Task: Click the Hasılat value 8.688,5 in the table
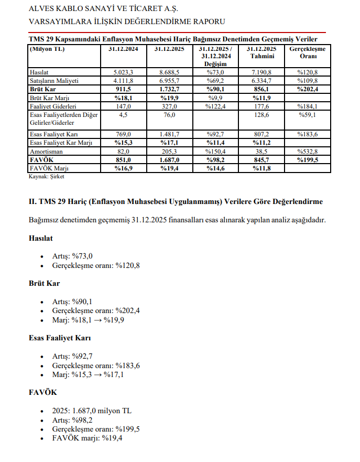[169, 72]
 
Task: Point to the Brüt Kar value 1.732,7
[169, 89]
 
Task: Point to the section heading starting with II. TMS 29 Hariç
[176, 201]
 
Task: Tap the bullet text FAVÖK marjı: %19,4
[88, 438]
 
